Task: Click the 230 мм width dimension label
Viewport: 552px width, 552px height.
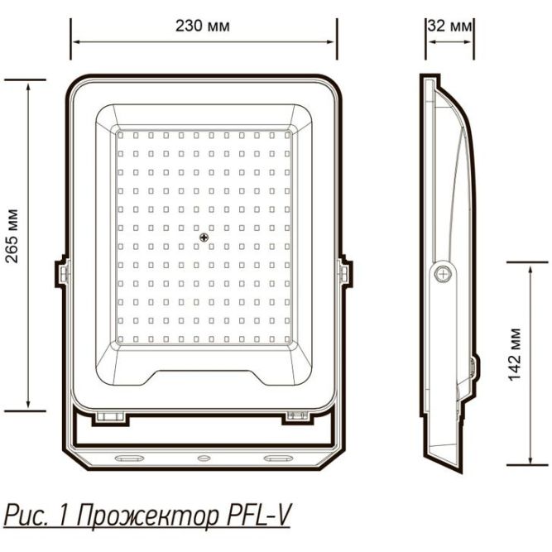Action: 203,26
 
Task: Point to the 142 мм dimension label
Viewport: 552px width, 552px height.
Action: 515,362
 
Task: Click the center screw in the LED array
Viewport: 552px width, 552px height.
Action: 204,238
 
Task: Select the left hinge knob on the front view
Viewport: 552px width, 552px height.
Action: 64,271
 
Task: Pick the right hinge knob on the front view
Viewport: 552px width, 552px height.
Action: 343,271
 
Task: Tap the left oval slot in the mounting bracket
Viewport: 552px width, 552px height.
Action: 128,457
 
